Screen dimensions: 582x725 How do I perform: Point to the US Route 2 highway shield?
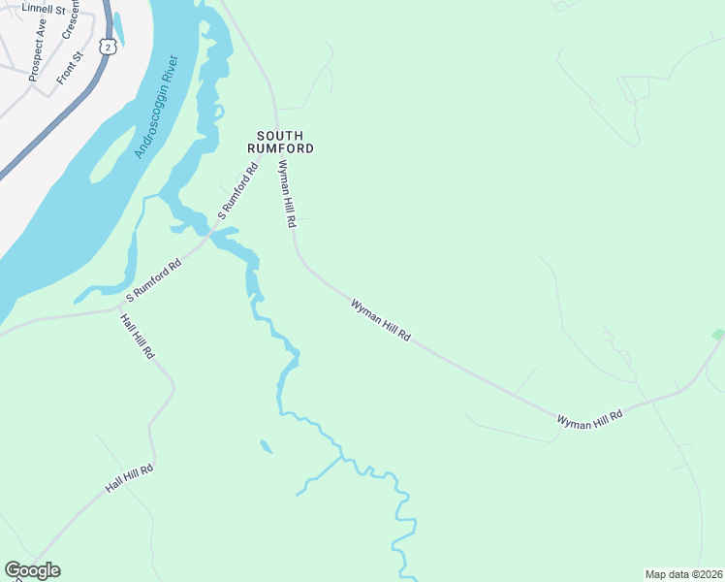tap(106, 46)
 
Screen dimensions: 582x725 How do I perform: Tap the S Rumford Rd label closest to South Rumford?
tap(237, 191)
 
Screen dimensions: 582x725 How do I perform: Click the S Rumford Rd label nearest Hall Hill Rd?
tap(154, 278)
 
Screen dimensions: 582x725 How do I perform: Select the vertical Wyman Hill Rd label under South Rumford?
tap(286, 193)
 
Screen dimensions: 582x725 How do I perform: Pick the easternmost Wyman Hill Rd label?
tap(589, 417)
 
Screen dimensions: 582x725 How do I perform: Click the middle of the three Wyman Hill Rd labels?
tap(381, 321)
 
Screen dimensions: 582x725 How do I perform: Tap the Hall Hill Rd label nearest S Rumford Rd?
tap(137, 338)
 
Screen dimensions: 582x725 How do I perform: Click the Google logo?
tap(32, 570)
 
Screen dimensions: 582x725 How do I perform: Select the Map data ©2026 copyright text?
tap(682, 573)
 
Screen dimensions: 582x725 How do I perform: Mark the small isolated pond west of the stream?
tap(266, 447)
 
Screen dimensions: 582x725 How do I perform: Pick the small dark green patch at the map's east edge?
tap(718, 335)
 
